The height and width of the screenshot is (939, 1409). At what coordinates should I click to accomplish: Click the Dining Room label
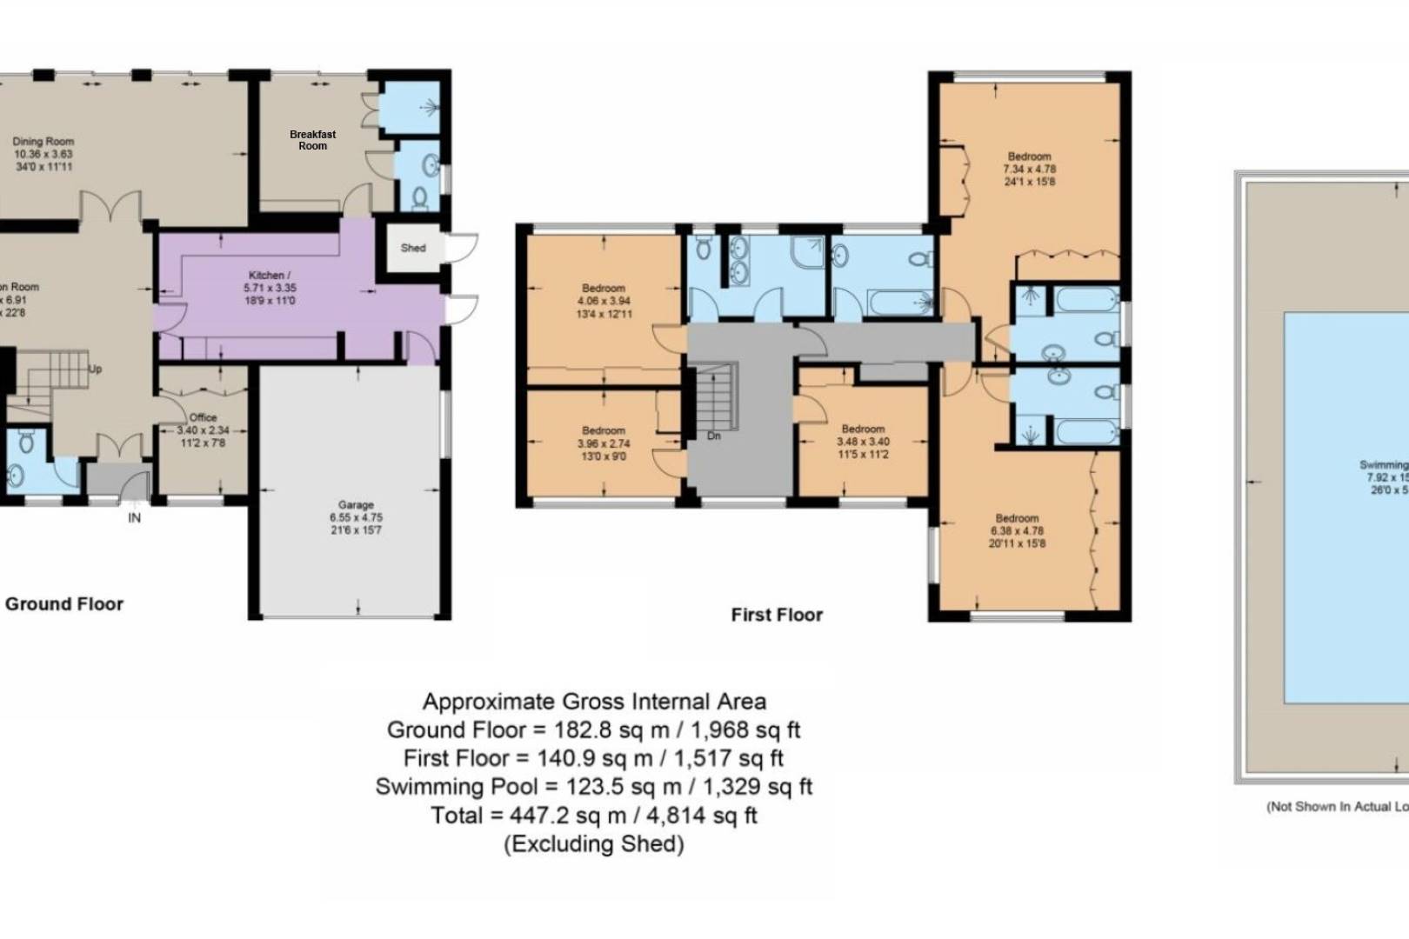pyautogui.click(x=43, y=141)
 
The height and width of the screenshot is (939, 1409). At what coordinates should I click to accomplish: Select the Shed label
pyautogui.click(x=413, y=248)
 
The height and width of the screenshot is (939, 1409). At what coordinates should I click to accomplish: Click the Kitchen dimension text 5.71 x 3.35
pyautogui.click(x=270, y=288)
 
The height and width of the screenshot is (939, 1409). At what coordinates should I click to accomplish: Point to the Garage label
pyautogui.click(x=356, y=504)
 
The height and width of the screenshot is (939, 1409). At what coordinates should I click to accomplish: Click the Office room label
pyautogui.click(x=203, y=417)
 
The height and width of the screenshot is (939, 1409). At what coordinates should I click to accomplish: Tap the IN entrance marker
pyautogui.click(x=134, y=518)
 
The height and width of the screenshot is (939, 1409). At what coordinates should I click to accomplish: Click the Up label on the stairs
pyautogui.click(x=95, y=369)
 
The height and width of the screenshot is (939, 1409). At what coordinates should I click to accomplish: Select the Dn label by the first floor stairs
pyautogui.click(x=713, y=436)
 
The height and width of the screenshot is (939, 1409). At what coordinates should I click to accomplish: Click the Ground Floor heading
pyautogui.click(x=64, y=603)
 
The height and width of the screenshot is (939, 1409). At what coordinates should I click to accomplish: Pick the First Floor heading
pyautogui.click(x=776, y=615)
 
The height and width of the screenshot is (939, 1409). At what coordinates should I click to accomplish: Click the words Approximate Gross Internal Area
pyautogui.click(x=594, y=702)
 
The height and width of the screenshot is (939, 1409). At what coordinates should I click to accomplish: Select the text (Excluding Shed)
pyautogui.click(x=594, y=843)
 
